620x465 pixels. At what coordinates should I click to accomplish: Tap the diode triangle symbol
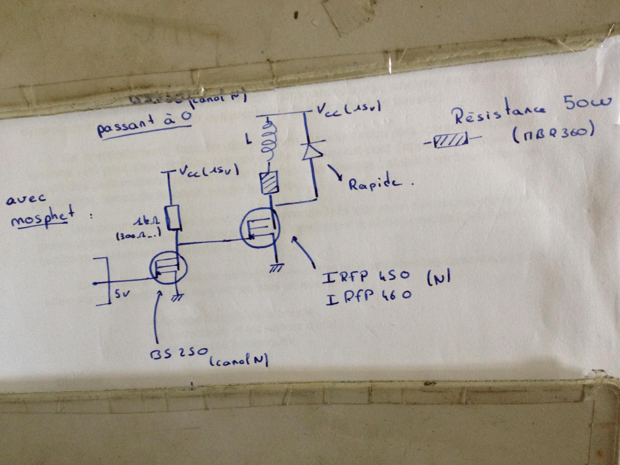click(x=310, y=151)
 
